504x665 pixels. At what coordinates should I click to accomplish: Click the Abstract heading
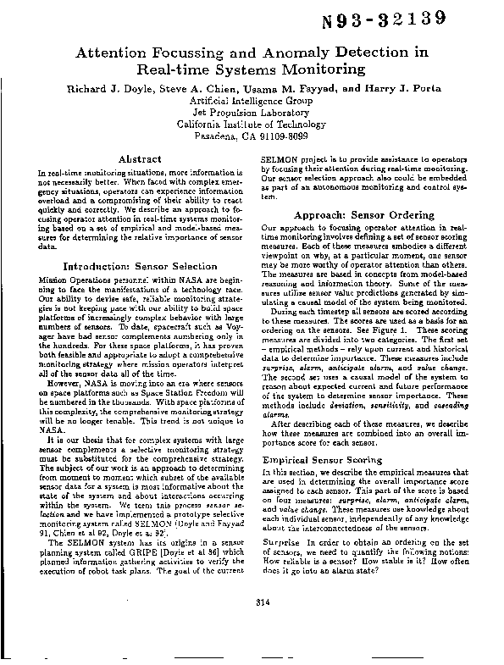140,158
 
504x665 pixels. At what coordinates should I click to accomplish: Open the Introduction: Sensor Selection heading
140,266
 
